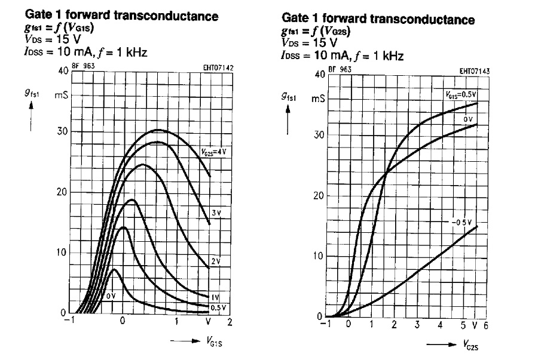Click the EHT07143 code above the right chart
click(x=475, y=71)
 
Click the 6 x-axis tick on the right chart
click(x=486, y=325)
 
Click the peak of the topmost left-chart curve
click(x=157, y=130)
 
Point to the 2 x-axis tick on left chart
click(x=229, y=321)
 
